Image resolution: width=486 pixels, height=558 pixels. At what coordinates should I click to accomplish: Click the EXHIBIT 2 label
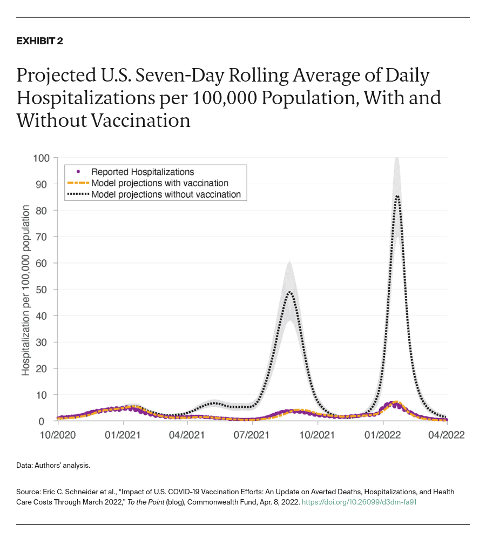click(x=39, y=41)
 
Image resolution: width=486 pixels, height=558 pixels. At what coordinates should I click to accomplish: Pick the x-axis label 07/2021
click(x=252, y=434)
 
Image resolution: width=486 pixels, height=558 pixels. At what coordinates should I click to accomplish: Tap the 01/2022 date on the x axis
click(x=382, y=434)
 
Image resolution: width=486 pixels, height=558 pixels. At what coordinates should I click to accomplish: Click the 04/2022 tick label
click(x=447, y=434)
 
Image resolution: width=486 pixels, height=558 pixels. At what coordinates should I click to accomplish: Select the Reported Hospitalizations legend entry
click(x=142, y=172)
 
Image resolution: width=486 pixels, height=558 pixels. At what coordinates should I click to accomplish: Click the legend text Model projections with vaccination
click(x=159, y=183)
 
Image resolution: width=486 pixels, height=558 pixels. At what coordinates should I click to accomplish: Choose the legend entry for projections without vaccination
click(x=166, y=194)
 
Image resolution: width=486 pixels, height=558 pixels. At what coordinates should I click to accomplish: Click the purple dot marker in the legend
click(x=78, y=172)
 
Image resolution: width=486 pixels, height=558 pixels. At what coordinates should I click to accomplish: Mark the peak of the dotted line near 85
click(x=397, y=196)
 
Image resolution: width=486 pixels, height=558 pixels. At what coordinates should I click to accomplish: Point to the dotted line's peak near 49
click(x=290, y=292)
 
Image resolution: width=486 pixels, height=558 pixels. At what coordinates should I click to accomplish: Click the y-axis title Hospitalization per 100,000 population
click(x=25, y=290)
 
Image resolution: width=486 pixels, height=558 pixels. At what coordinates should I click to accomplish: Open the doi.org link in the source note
click(x=359, y=502)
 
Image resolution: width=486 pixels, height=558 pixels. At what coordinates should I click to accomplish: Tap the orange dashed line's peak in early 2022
click(x=396, y=402)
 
